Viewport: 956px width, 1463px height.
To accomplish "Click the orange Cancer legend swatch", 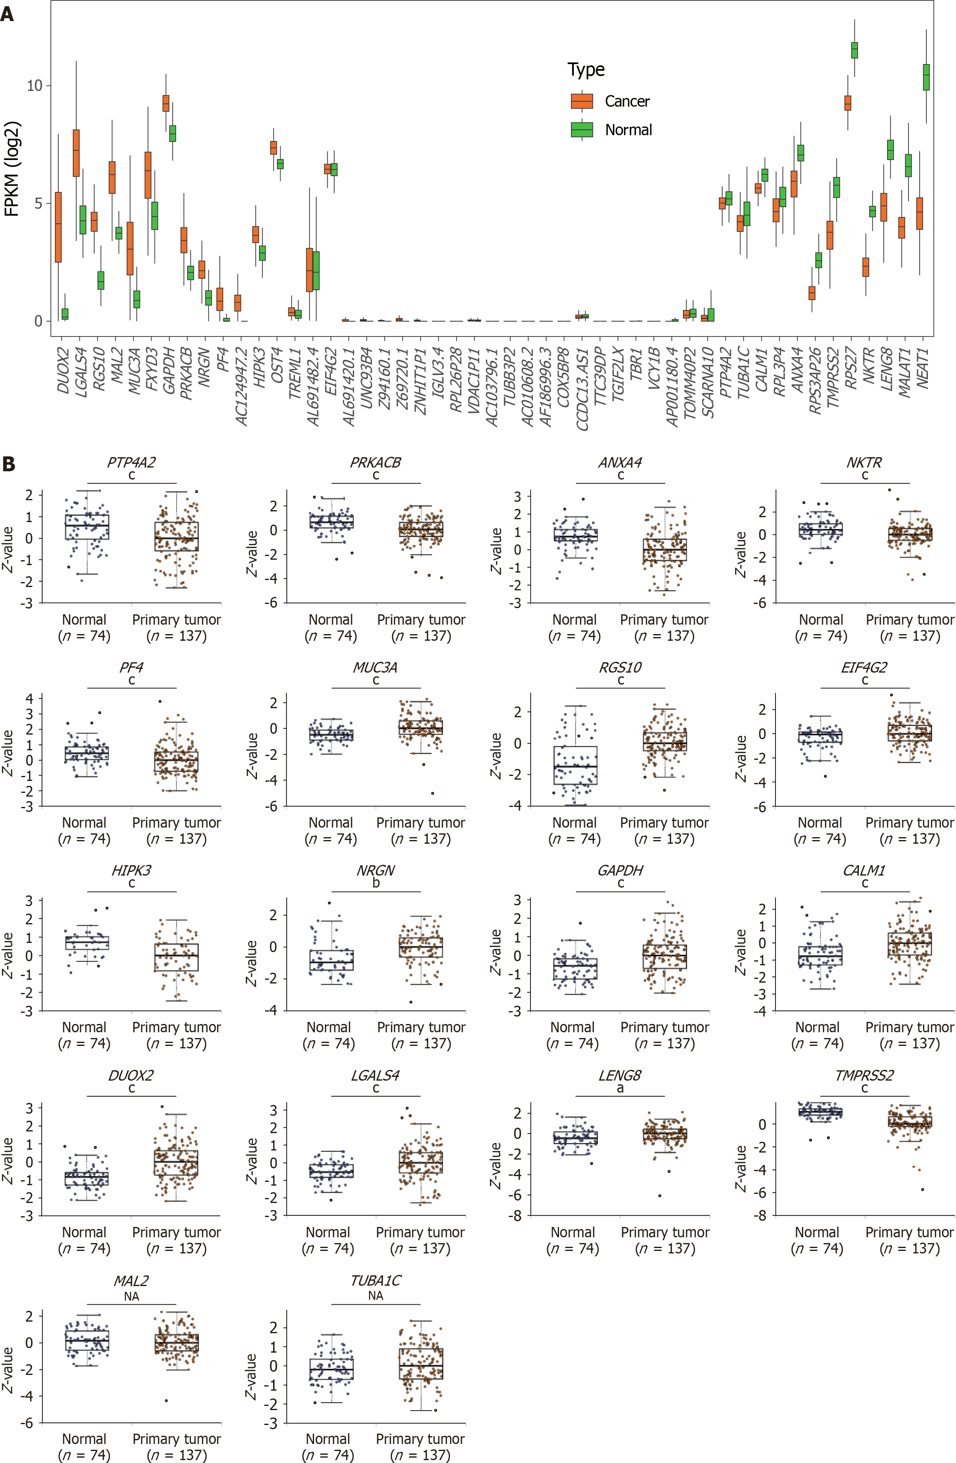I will (581, 101).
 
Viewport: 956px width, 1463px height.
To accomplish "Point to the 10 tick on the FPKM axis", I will (34, 86).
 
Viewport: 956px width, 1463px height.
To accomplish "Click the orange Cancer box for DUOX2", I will (58, 227).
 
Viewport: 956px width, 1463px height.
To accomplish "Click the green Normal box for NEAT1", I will (926, 77).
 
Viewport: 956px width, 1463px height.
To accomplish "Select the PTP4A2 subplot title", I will (131, 462).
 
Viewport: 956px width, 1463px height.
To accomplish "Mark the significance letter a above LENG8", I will (620, 1088).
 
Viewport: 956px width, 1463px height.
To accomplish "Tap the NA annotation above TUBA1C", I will (376, 1295).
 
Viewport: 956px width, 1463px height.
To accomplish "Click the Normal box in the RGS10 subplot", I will (575, 765).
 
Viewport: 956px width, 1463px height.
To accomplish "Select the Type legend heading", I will (585, 69).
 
